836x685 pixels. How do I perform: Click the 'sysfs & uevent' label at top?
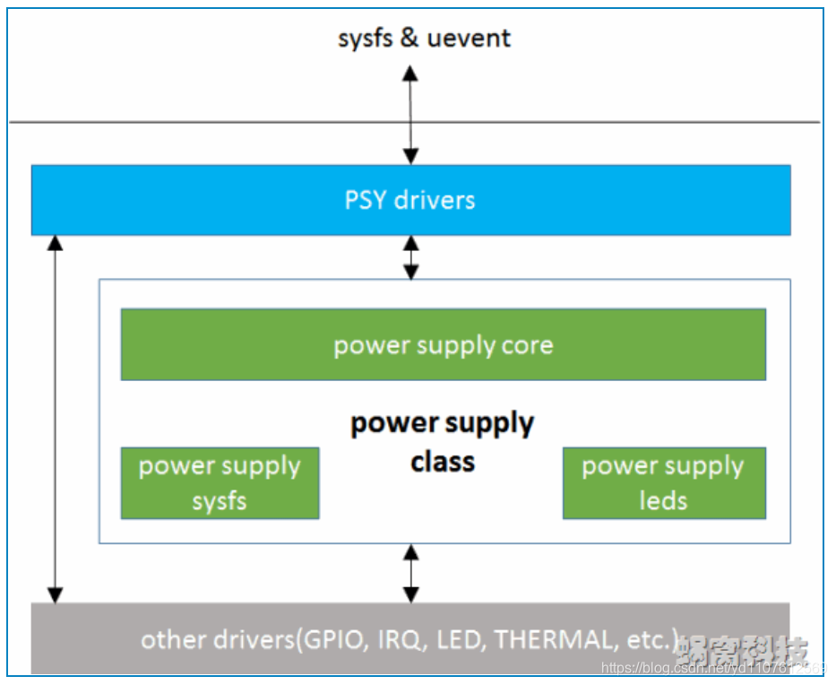pos(424,39)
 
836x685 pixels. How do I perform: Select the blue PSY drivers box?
pos(410,199)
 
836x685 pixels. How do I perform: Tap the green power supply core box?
pos(443,345)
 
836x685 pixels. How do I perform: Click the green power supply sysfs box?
pos(220,483)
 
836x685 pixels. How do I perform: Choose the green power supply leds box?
pos(663,483)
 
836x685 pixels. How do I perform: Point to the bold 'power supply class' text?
pos(442,442)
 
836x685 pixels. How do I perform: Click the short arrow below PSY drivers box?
pos(410,257)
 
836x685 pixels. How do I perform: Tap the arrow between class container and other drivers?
pos(410,573)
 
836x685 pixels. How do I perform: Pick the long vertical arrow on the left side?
pos(56,419)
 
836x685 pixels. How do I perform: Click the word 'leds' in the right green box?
pos(663,500)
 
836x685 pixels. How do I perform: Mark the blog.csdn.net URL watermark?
pos(712,668)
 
